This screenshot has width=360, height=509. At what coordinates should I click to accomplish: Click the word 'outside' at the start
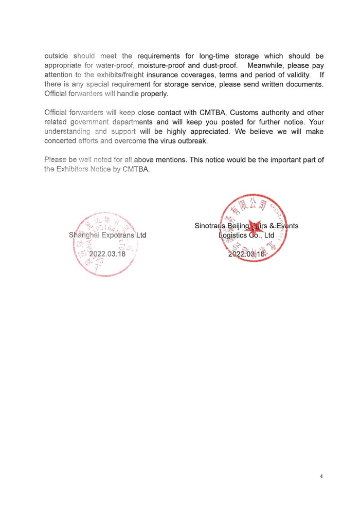click(57, 56)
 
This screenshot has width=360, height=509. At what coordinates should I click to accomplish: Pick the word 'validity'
click(295, 75)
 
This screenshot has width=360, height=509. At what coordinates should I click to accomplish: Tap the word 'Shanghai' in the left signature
click(85, 235)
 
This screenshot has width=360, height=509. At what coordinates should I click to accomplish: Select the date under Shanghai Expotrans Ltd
click(107, 253)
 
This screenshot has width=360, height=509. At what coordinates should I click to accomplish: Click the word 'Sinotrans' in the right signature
click(211, 226)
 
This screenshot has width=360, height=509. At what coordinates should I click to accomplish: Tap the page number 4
click(321, 476)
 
